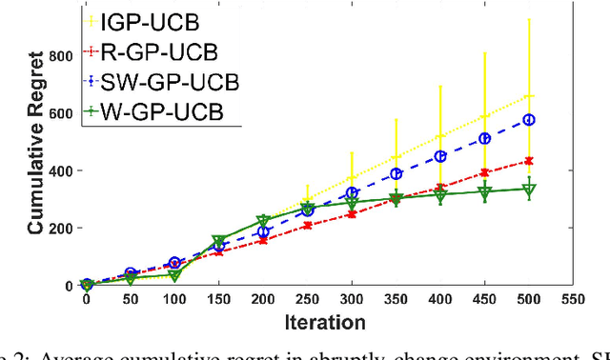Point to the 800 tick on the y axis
coord(61,55)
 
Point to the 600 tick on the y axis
coord(61,112)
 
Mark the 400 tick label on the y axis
coord(61,170)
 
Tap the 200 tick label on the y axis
coord(61,228)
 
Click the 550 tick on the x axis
coord(573,298)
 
